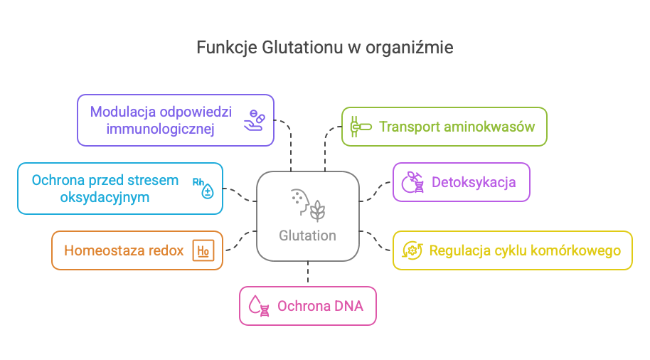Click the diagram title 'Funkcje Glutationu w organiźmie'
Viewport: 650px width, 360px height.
(324, 48)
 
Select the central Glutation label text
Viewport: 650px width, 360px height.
(307, 235)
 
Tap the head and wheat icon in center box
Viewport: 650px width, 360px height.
(308, 203)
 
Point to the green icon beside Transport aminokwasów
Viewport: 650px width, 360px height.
(360, 127)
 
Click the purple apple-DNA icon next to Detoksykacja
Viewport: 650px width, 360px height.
(413, 183)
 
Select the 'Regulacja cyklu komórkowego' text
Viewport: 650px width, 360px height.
(525, 250)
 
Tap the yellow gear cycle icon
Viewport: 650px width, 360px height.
(412, 250)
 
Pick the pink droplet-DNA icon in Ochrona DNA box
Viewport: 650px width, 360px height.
(257, 307)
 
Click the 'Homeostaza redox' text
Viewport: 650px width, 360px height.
(124, 250)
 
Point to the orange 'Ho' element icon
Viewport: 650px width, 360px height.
(203, 250)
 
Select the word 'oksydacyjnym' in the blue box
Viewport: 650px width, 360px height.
(105, 197)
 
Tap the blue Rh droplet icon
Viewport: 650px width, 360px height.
(204, 188)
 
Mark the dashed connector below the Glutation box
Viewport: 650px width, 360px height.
(308, 273)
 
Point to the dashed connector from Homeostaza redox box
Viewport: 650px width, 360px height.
(240, 242)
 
